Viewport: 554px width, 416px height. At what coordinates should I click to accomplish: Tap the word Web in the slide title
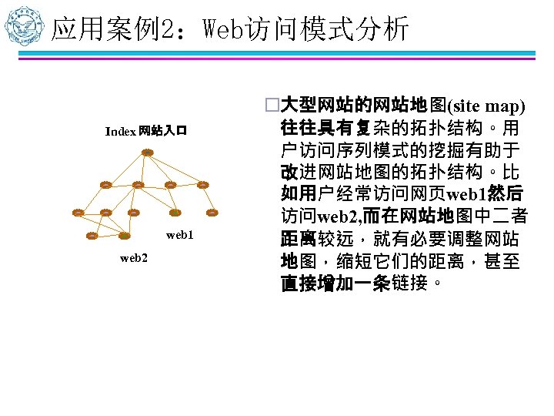coord(223,29)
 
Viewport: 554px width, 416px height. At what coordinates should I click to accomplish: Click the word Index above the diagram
coord(121,131)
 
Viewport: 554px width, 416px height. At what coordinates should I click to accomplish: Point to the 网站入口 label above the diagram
coord(162,131)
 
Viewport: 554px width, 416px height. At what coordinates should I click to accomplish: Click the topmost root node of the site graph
coord(146,152)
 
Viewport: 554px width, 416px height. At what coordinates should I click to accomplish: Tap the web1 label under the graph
coord(179,234)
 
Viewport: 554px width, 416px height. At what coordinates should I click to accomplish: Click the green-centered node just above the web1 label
coord(175,212)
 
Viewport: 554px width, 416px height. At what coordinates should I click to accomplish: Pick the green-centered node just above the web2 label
coord(125,235)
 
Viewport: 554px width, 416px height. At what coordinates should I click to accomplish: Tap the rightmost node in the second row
coord(203,185)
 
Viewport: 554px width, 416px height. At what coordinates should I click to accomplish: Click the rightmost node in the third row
coord(212,212)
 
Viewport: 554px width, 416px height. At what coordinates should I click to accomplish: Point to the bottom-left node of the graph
coord(92,235)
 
